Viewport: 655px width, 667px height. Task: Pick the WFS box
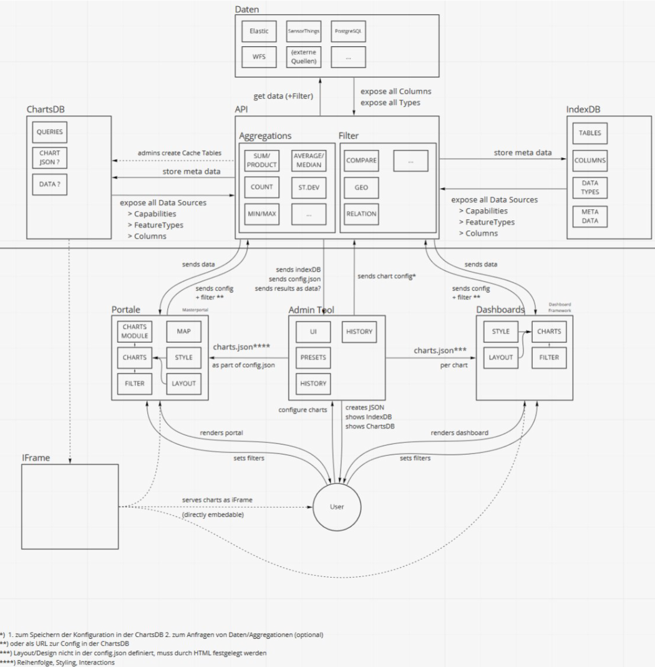tap(258, 57)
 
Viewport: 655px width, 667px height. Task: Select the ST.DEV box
tap(308, 187)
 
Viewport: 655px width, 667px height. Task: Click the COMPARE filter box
tap(361, 160)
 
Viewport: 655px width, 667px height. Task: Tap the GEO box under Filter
tap(361, 187)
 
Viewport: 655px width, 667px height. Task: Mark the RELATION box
tap(361, 214)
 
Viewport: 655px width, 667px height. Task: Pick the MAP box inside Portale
tap(183, 331)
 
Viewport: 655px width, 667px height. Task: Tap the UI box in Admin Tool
tap(313, 332)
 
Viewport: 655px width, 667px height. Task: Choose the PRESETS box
tap(313, 357)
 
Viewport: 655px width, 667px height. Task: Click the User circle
tap(337, 506)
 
